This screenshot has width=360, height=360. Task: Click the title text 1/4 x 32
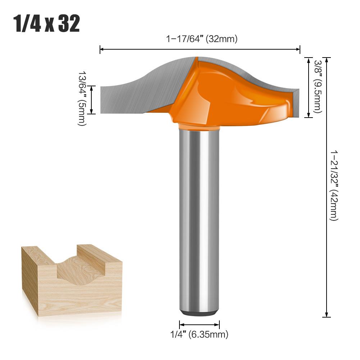[47, 24]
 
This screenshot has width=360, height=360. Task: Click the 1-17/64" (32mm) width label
[201, 39]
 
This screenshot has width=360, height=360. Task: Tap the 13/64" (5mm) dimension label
[82, 97]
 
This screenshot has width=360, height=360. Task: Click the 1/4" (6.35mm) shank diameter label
[199, 334]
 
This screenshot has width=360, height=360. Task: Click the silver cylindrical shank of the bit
[199, 216]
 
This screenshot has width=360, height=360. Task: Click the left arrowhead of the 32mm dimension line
[101, 49]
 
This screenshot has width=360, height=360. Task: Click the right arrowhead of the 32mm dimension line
[298, 49]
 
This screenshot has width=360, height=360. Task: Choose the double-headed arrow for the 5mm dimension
[92, 100]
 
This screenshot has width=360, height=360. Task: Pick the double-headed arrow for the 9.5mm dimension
[308, 87]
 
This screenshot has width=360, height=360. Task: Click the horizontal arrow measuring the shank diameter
[199, 324]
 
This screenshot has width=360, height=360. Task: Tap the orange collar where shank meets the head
[199, 127]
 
